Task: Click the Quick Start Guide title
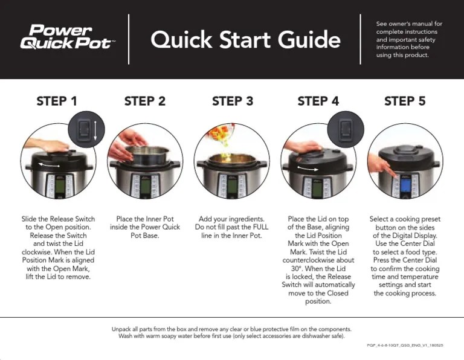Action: [245, 40]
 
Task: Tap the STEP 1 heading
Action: [57, 101]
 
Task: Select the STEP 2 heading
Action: [144, 101]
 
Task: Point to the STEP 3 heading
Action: [232, 101]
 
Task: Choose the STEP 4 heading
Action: [318, 101]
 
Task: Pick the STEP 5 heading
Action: [405, 101]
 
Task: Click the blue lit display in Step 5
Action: [405, 185]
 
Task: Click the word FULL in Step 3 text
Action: [260, 227]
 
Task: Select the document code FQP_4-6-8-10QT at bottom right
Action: [405, 345]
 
